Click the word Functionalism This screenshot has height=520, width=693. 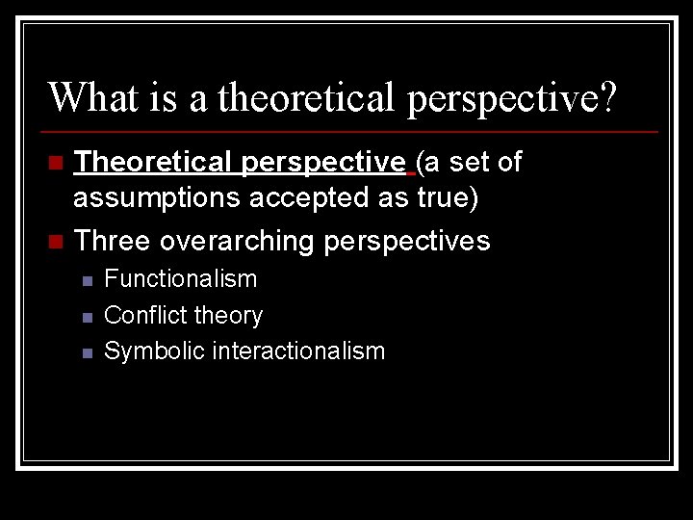[181, 279]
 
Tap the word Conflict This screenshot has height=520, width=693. [141, 315]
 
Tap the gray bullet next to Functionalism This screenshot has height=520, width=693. [87, 281]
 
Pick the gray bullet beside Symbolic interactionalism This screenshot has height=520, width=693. [87, 353]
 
